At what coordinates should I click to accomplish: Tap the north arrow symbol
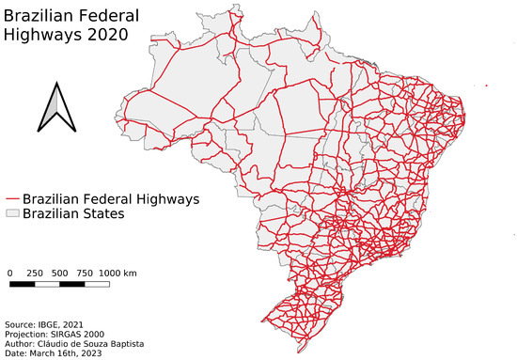pos(53,107)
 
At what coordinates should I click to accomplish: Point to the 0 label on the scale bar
pos(9,273)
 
